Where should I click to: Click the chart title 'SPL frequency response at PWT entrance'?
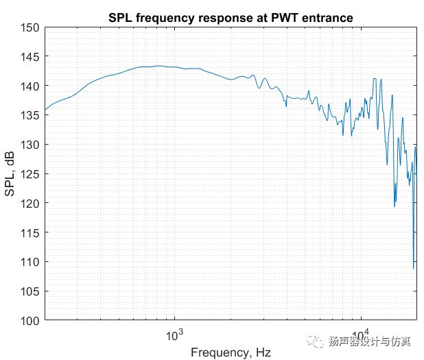coord(230,16)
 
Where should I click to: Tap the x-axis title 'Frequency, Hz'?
coord(230,352)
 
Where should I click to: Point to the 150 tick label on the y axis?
coord(31,27)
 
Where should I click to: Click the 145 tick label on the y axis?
coord(31,57)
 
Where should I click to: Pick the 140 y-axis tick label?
coord(31,86)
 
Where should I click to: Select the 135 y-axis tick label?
coord(31,115)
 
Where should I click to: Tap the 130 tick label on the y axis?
coord(31,145)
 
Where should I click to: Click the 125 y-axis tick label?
coord(31,174)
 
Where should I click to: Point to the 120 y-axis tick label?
coord(31,204)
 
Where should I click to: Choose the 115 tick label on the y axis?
coord(31,232)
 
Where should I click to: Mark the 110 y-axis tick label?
coord(31,262)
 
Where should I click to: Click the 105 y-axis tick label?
coord(31,291)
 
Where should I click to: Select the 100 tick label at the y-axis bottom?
coord(31,320)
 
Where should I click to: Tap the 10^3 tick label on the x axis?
coord(176,334)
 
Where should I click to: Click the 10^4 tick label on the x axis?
coord(362,334)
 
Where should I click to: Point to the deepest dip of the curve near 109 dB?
coord(414,268)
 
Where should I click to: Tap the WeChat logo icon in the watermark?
coord(317,340)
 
